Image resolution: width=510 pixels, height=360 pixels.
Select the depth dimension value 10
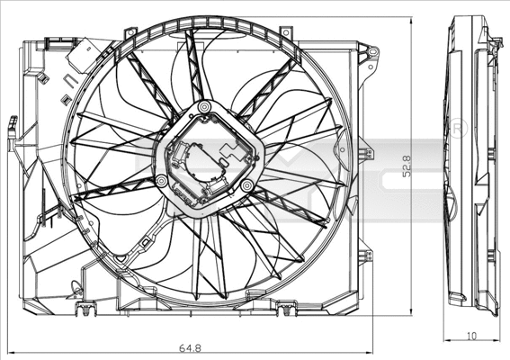(x=472, y=335)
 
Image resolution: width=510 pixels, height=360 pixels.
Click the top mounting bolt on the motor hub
(x=204, y=108)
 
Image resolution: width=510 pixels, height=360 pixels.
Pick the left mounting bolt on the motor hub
(x=161, y=181)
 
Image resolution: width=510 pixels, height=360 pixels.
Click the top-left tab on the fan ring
(x=131, y=33)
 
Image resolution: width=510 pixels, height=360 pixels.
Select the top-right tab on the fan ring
(x=286, y=33)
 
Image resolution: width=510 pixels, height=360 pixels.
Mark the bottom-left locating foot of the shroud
(x=85, y=311)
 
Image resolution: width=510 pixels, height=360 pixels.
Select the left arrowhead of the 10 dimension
(x=448, y=338)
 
